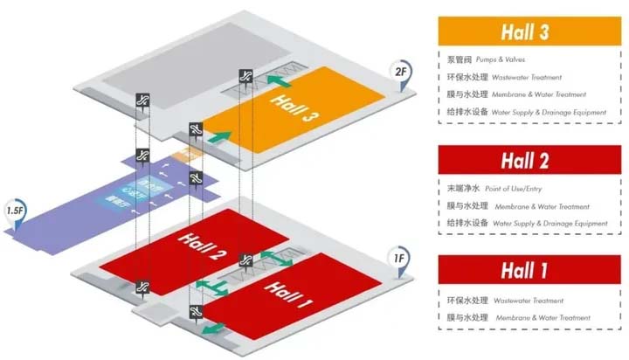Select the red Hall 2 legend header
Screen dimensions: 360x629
click(x=525, y=162)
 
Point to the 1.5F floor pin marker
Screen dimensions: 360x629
click(x=15, y=212)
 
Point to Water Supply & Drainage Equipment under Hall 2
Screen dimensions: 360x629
click(x=550, y=224)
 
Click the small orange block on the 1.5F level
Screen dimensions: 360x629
click(x=181, y=156)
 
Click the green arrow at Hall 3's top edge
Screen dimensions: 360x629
click(x=278, y=80)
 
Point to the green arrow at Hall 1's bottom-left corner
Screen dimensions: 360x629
click(x=211, y=327)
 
